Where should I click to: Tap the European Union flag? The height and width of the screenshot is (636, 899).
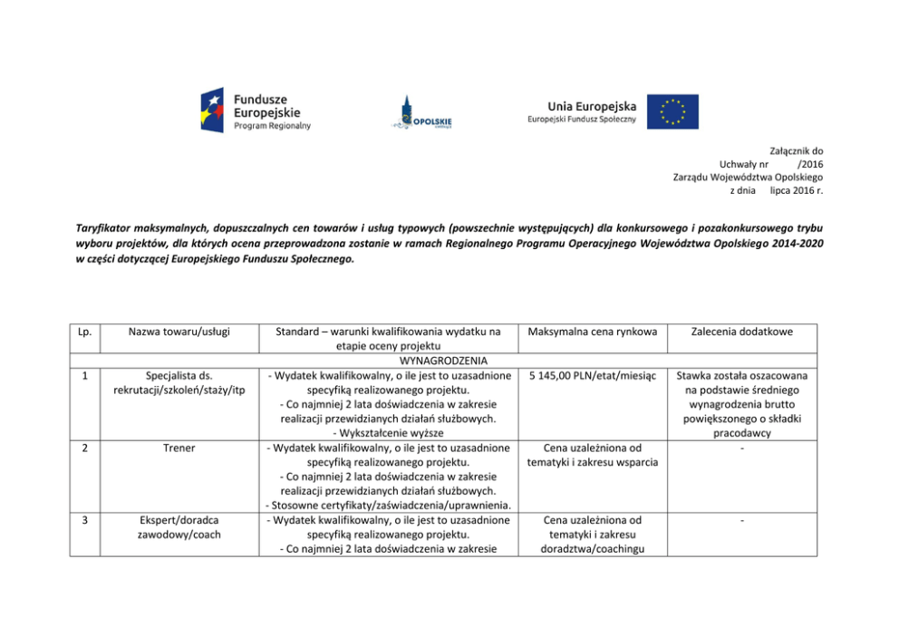pyautogui.click(x=672, y=111)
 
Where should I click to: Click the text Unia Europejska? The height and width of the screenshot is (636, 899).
pyautogui.click(x=592, y=105)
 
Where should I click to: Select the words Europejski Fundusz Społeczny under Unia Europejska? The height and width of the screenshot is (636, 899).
pyautogui.click(x=582, y=120)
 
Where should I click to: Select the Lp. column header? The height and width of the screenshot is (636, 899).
pyautogui.click(x=84, y=332)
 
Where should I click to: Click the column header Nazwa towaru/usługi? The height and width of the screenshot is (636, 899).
pyautogui.click(x=179, y=332)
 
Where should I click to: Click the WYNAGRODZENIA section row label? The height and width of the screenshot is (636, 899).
pyautogui.click(x=386, y=361)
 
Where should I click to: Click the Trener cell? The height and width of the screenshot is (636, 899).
pyautogui.click(x=179, y=448)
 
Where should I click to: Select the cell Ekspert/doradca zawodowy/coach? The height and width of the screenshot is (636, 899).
pyautogui.click(x=179, y=527)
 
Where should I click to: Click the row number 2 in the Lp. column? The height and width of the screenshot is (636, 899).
pyautogui.click(x=84, y=448)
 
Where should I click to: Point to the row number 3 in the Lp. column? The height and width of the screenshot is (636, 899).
pyautogui.click(x=84, y=520)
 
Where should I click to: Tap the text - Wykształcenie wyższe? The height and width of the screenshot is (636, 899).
pyautogui.click(x=386, y=433)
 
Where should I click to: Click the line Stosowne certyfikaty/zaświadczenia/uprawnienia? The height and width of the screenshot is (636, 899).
pyautogui.click(x=386, y=506)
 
